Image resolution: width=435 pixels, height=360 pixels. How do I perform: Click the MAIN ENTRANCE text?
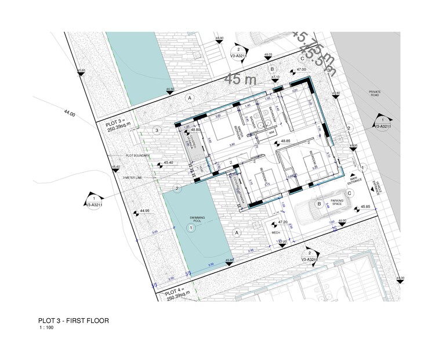355,181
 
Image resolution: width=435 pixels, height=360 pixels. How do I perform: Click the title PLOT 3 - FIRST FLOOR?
72,320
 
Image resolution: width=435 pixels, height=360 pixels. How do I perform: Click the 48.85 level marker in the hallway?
285,141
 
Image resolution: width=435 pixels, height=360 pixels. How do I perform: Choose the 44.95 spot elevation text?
145,211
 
